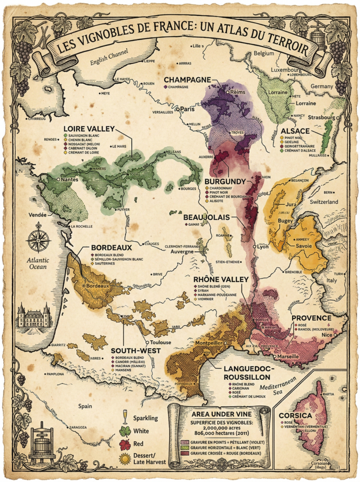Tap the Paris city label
pos(188,109)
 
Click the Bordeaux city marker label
pos(98,285)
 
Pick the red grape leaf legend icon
pos(126,444)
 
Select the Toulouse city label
pos(160,342)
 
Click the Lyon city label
pos(262,246)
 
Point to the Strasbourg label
pos(322,117)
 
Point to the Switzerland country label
pos(324,201)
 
